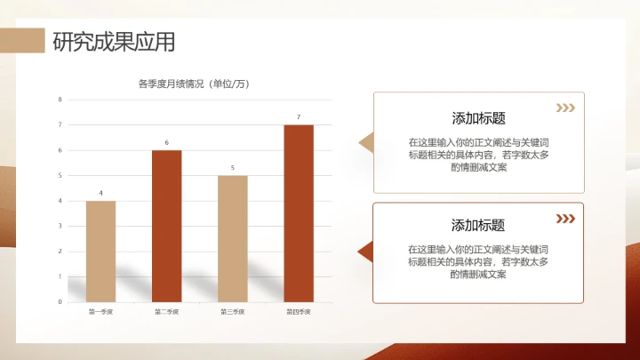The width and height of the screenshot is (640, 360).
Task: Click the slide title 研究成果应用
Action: click(114, 41)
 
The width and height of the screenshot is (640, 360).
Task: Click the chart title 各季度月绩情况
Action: click(193, 84)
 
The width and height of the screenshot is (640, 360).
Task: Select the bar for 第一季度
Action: click(100, 251)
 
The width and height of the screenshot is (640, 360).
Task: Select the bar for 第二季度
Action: click(166, 226)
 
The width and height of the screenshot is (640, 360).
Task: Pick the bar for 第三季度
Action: click(233, 238)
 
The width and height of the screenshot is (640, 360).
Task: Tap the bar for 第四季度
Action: click(299, 213)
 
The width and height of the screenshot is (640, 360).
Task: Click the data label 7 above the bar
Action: click(299, 117)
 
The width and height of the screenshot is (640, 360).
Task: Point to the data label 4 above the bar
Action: click(100, 193)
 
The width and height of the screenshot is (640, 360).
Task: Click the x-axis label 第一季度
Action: click(100, 312)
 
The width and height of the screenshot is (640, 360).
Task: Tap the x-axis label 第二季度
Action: click(166, 312)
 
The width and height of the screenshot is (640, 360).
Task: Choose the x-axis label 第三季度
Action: click(233, 312)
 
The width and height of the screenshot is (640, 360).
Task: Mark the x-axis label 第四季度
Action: click(299, 312)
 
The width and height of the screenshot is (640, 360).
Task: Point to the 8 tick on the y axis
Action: click(60, 100)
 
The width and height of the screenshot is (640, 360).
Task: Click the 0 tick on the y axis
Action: click(60, 302)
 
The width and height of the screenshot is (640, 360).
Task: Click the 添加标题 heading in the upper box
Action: click(478, 118)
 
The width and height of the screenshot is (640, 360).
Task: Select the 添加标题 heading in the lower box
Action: click(478, 225)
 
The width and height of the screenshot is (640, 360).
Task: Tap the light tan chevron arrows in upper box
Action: click(564, 108)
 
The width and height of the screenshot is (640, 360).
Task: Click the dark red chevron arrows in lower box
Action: click(564, 218)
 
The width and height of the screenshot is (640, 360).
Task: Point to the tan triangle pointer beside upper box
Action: click(365, 143)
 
